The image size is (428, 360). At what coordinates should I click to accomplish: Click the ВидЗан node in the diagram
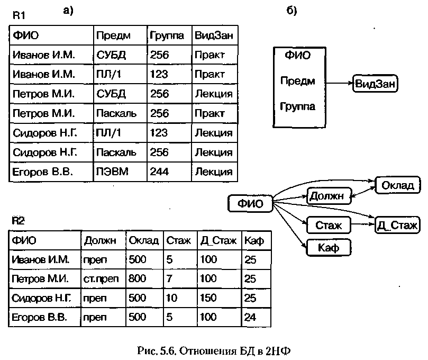tap(375, 84)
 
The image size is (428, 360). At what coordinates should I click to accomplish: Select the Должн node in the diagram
tap(329, 196)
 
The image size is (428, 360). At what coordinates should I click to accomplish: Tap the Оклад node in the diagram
tap(398, 185)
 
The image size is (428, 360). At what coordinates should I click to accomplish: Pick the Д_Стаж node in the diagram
tap(397, 225)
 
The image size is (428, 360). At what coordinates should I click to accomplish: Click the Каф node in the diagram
tap(329, 248)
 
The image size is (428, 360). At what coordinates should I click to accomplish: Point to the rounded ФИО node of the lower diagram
tap(250, 203)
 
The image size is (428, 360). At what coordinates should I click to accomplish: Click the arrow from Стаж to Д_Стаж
tap(363, 224)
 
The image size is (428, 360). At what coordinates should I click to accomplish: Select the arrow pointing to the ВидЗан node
tap(339, 83)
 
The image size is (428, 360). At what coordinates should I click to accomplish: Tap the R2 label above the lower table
tap(18, 220)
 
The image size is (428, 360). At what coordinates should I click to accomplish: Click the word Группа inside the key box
tap(297, 106)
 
